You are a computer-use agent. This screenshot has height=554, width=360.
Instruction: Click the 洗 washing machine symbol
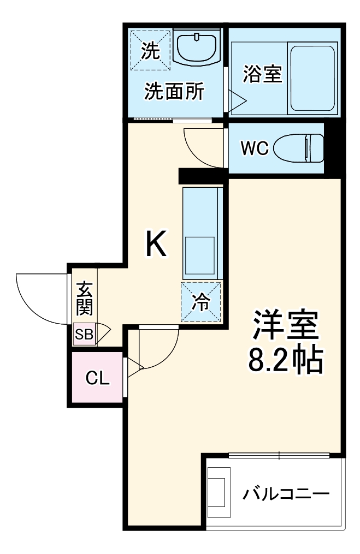click(150, 50)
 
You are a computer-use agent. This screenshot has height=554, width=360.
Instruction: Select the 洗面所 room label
click(174, 91)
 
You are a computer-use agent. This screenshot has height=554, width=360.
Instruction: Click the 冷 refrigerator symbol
click(202, 302)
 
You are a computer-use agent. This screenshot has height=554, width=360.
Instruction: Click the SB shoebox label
click(84, 334)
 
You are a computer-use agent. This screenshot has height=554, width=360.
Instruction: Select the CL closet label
click(98, 378)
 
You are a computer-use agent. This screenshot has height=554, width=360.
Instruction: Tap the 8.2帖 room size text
click(286, 359)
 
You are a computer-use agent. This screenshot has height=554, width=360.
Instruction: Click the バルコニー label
click(286, 495)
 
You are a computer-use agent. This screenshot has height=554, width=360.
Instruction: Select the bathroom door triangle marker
click(238, 99)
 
